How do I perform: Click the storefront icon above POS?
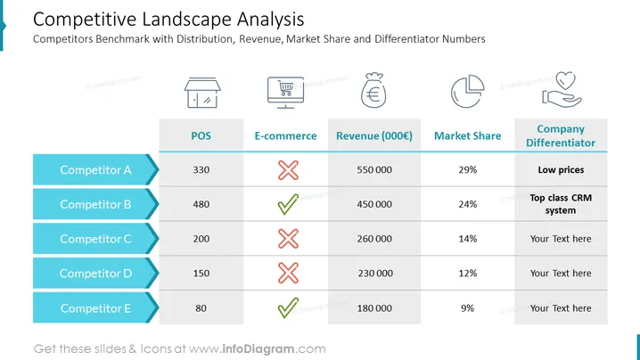tap(202, 93)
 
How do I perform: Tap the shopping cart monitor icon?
tap(286, 93)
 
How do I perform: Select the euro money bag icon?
tap(373, 91)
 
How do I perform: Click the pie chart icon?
tap(467, 91)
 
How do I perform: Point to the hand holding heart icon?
tap(562, 90)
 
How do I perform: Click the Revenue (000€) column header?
tap(374, 136)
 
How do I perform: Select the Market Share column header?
tap(467, 136)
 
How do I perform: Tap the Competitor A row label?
tap(95, 170)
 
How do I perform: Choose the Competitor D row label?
tap(95, 273)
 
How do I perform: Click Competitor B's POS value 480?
tap(201, 204)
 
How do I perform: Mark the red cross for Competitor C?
tap(288, 239)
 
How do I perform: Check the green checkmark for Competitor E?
tap(288, 307)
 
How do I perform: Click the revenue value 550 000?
tap(374, 170)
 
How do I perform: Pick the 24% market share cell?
tap(467, 204)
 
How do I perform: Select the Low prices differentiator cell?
tap(561, 170)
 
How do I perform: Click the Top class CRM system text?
tap(561, 204)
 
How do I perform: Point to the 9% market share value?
tap(467, 308)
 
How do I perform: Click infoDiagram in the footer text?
tap(258, 349)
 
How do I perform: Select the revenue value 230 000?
tap(375, 273)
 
